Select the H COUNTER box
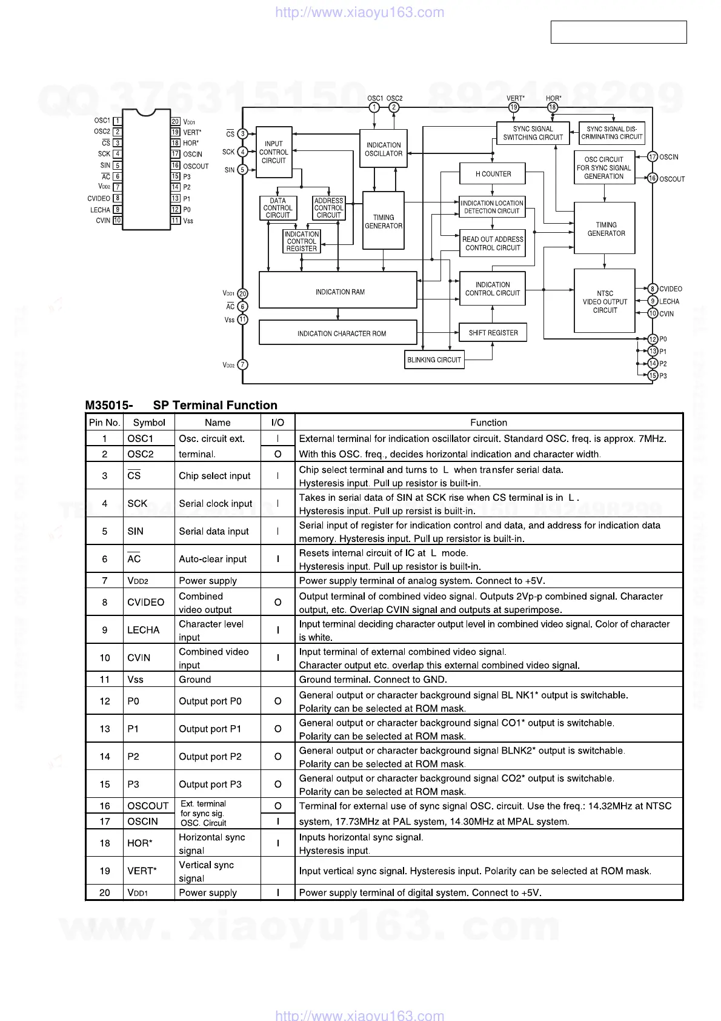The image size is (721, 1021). [492, 174]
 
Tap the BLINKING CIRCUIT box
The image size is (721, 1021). [434, 360]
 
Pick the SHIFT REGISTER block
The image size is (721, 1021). [493, 332]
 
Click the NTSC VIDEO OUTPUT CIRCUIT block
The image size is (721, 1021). [604, 301]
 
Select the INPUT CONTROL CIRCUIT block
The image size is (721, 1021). [274, 152]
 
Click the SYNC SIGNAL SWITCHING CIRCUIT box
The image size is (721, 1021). [533, 133]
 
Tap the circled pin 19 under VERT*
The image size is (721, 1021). [514, 107]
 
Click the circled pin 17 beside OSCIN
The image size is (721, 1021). [653, 156]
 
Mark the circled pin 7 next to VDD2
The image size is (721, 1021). [242, 364]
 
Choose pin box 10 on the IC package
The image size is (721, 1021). [118, 221]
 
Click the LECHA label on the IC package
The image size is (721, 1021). [101, 210]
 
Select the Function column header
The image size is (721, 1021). [488, 423]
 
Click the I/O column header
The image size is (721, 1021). [277, 423]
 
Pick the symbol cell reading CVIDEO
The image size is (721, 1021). [145, 602]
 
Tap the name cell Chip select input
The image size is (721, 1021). [214, 476]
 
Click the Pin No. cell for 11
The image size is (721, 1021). [105, 680]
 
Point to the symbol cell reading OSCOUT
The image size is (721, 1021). [148, 806]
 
